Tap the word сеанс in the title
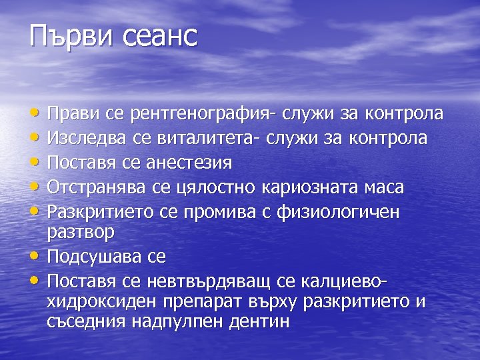[x=161, y=37]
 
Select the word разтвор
[x=81, y=232]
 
